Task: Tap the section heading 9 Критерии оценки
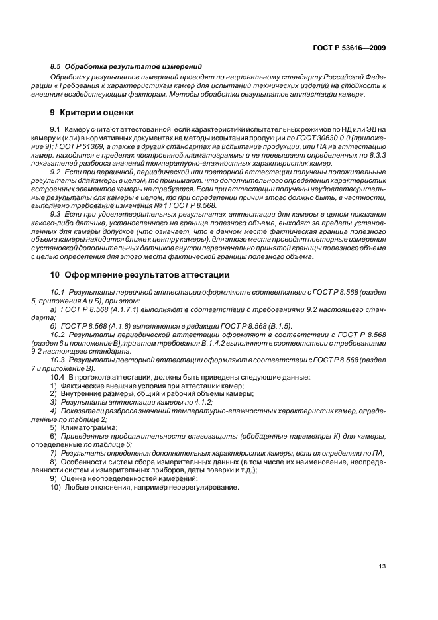91,112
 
